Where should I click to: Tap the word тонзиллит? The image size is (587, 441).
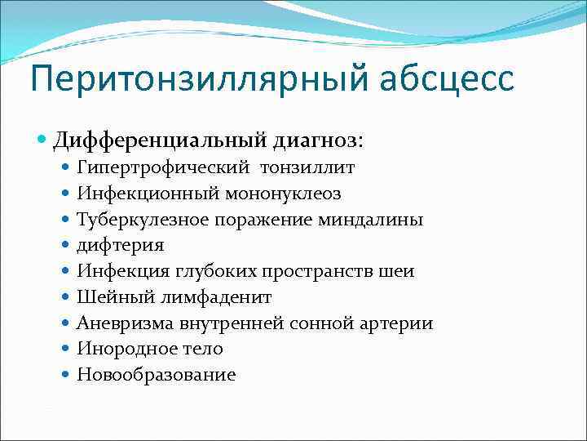click(307, 168)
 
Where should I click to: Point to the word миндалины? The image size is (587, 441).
click(377, 220)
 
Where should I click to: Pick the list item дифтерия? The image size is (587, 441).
click(121, 246)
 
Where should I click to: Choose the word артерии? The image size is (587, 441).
click(399, 323)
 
